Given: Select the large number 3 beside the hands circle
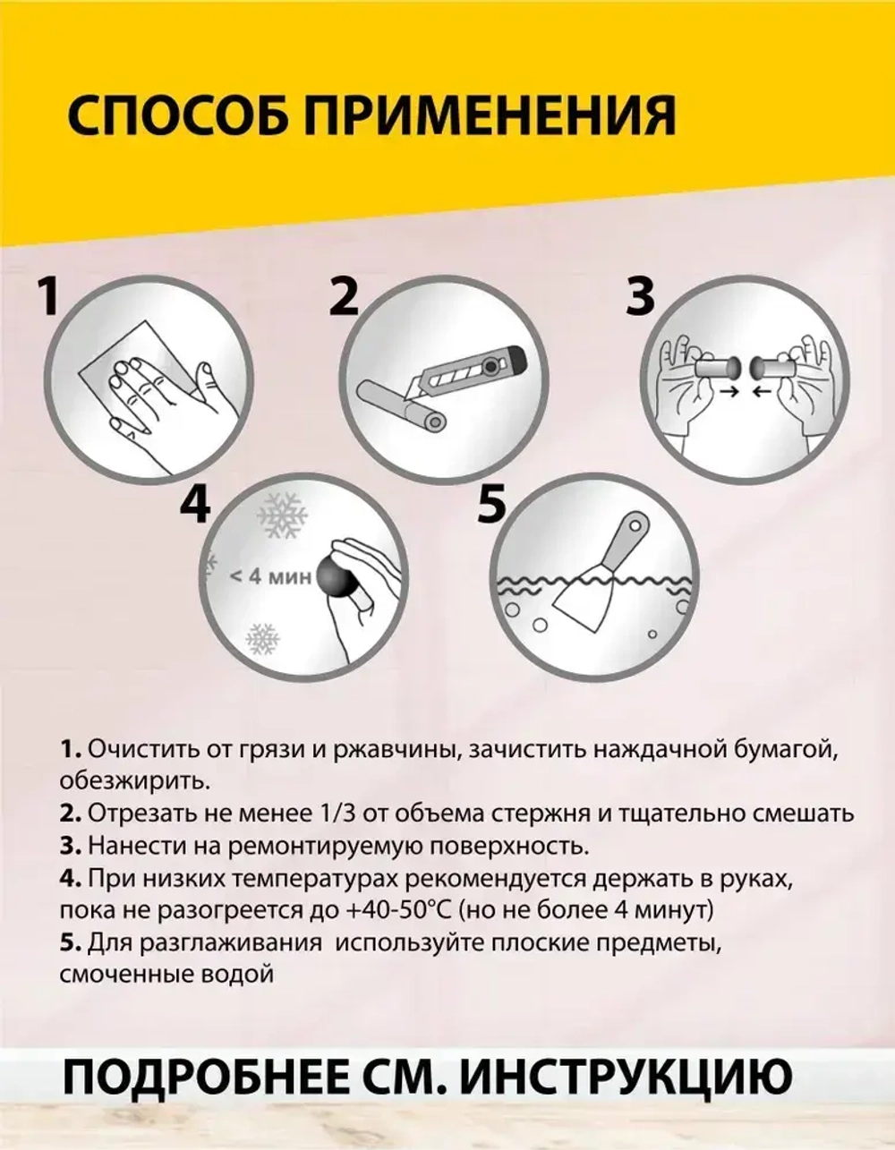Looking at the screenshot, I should coord(640,298).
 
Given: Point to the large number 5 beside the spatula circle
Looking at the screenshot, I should coord(492,506).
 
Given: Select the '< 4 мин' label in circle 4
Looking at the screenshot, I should coord(269,576).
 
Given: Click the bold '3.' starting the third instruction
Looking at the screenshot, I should coord(71,846).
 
